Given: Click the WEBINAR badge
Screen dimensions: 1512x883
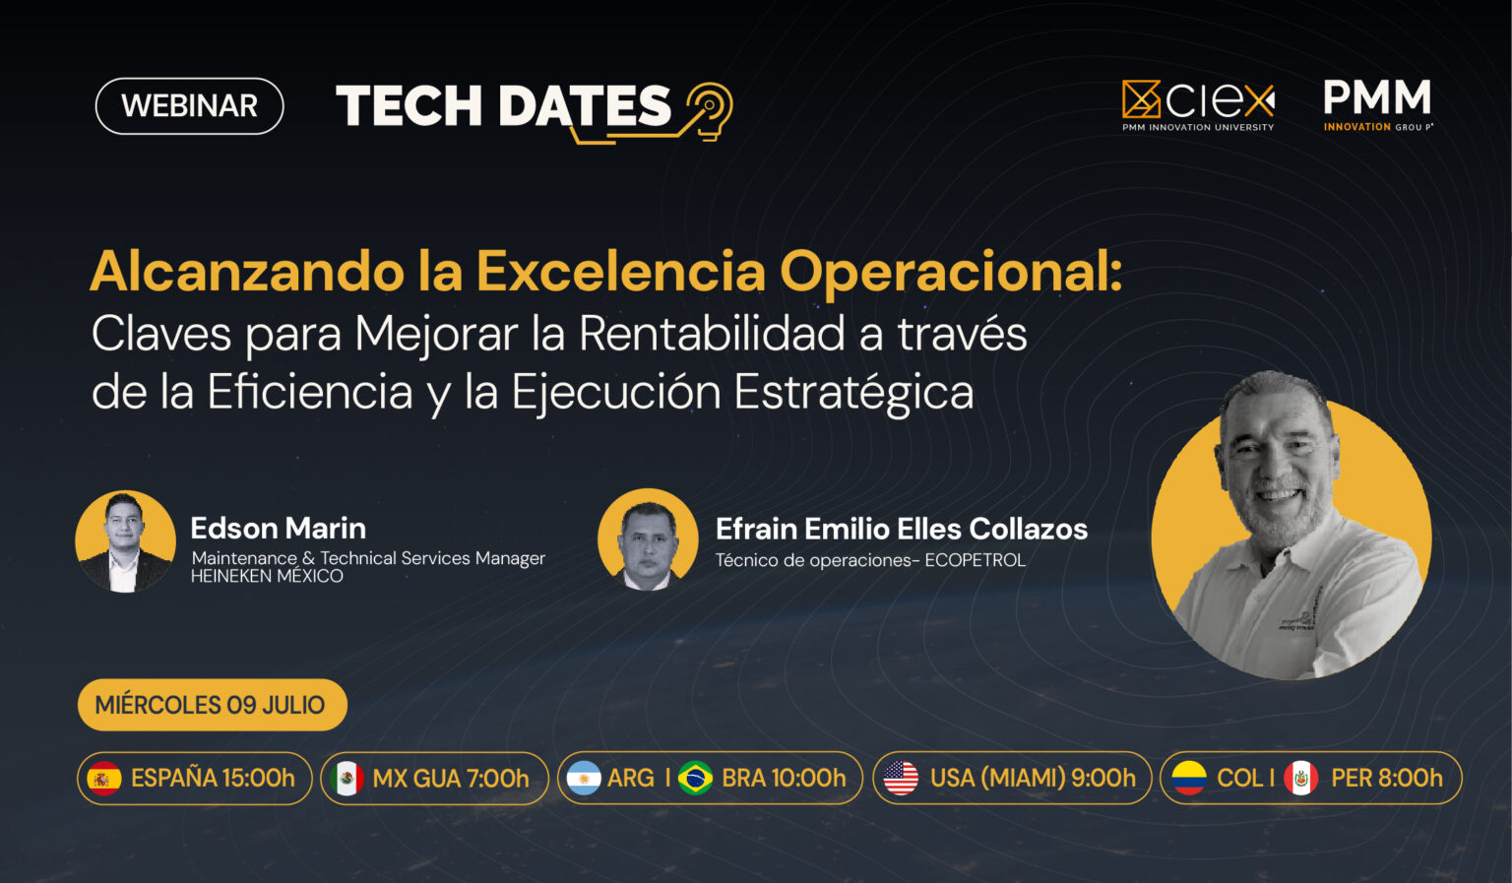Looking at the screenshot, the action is [x=190, y=106].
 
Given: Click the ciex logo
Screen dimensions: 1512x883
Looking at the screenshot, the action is [x=1198, y=105].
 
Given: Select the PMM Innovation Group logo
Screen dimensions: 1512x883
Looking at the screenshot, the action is [x=1377, y=104].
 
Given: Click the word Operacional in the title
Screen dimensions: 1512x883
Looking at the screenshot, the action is [x=950, y=272].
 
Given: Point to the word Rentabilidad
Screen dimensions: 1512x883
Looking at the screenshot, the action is [x=712, y=334].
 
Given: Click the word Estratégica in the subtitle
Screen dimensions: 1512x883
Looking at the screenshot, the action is [x=853, y=392].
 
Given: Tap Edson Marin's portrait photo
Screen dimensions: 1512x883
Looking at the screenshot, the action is [x=126, y=541].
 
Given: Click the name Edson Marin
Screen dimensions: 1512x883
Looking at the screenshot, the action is [x=279, y=528].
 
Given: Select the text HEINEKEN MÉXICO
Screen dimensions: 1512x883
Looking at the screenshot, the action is [x=267, y=576].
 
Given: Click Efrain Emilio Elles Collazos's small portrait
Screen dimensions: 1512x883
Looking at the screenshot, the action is [x=648, y=540].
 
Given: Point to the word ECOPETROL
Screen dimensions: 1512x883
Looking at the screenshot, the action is [x=975, y=560].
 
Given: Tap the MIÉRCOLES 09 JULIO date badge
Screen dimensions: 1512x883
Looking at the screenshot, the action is [x=213, y=705].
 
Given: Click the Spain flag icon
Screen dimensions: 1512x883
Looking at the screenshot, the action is [x=104, y=779].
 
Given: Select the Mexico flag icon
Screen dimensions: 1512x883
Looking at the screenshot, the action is [x=346, y=779].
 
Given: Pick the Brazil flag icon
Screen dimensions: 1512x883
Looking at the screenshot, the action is [x=695, y=778].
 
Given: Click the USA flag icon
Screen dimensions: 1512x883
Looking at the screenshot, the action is [x=901, y=778].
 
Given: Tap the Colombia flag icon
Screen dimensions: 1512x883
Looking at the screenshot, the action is [x=1189, y=778].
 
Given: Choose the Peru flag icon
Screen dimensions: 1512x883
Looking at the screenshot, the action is [x=1300, y=778].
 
